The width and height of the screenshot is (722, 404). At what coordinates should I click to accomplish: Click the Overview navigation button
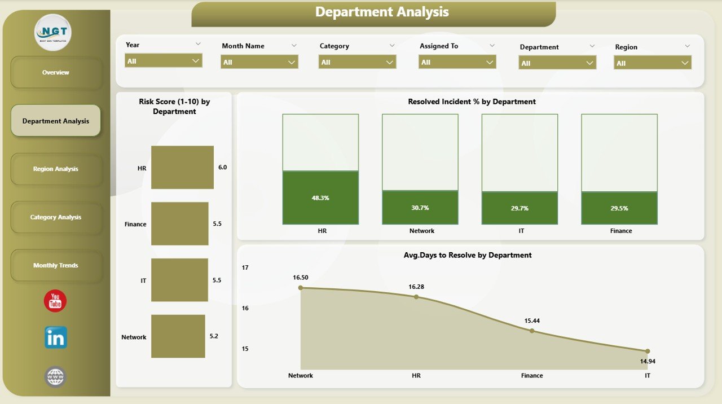56,72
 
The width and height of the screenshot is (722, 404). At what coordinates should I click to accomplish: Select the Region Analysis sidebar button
56,169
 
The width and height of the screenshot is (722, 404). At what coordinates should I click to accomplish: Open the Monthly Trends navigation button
56,265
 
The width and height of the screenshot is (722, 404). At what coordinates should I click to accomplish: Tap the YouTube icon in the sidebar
55,301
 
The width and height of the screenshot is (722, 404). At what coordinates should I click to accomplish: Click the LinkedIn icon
56,337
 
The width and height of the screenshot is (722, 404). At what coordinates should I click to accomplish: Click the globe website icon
55,376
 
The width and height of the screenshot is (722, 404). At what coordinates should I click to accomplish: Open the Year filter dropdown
164,61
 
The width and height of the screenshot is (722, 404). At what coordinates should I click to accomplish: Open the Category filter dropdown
357,62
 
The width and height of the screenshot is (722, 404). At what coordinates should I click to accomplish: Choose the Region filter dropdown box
653,63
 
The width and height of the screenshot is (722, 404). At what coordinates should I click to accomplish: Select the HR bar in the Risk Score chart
182,168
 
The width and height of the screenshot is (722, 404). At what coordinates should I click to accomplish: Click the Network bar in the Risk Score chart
178,336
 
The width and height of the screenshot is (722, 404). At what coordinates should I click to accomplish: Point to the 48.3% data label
320,198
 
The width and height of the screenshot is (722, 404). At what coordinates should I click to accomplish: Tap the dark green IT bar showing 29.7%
520,208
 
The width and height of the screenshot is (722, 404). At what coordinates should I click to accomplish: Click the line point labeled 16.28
416,296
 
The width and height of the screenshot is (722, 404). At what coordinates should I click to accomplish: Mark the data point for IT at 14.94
648,351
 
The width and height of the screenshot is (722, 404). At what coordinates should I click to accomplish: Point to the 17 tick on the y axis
245,267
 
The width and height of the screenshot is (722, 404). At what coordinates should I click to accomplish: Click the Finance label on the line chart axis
532,375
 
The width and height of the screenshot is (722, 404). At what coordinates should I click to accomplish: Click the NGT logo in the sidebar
53,32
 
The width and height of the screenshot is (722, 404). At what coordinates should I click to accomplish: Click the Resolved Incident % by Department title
472,102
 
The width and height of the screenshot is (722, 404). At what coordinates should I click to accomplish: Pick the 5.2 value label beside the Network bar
214,336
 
